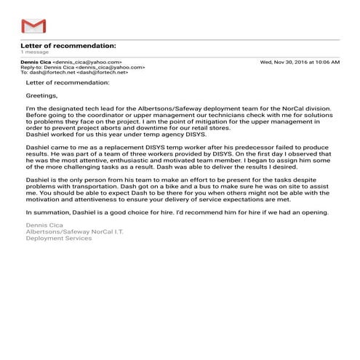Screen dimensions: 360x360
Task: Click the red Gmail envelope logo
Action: click(33, 28)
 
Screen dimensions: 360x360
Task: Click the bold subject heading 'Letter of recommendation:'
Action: click(68, 46)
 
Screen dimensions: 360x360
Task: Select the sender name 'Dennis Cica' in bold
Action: click(36, 63)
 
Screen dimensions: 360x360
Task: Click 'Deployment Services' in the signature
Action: click(54, 239)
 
